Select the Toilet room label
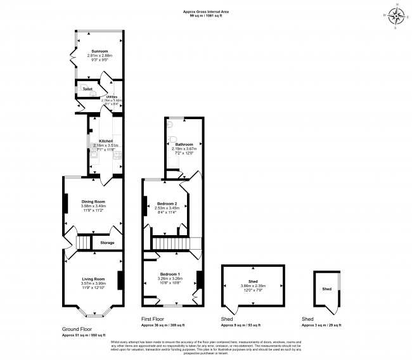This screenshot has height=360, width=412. pyautogui.click(x=87, y=89)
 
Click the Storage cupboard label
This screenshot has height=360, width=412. pyautogui.click(x=107, y=242)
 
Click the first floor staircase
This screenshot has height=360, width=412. pyautogui.click(x=172, y=243)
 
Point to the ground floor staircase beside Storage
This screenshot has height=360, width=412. pyautogui.click(x=84, y=243)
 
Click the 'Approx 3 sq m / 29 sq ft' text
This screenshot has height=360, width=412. pyautogui.click(x=321, y=325)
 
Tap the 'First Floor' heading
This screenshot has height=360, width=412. pyautogui.click(x=155, y=319)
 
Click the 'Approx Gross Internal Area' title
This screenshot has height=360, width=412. pyautogui.click(x=206, y=11)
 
